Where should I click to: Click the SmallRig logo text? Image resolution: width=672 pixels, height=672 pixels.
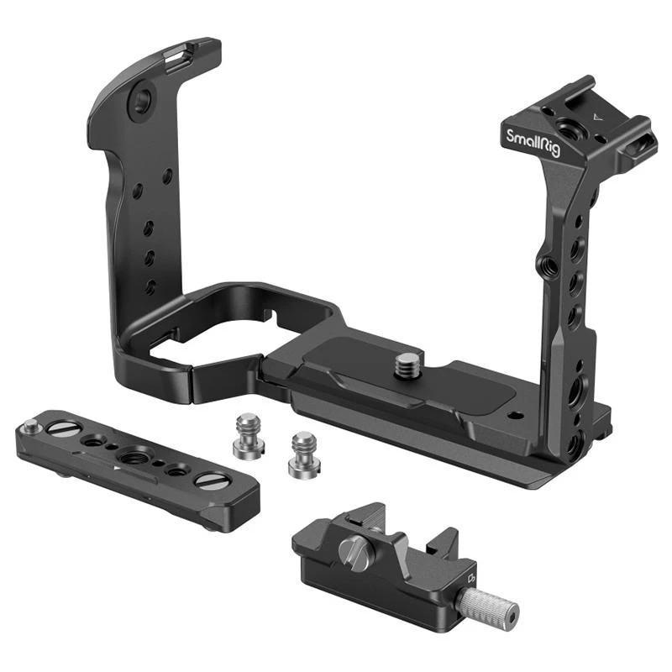click(533, 143)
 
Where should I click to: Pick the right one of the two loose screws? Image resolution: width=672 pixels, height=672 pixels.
click(304, 454)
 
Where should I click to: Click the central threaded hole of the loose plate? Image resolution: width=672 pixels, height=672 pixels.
click(130, 457)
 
